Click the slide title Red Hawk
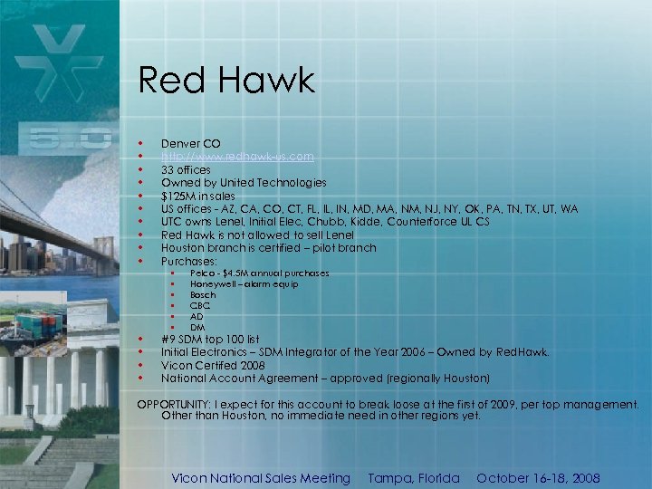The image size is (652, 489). tap(225, 81)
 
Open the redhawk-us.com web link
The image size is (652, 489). tap(237, 157)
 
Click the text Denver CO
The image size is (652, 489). tap(190, 144)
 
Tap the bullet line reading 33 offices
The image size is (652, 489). tap(186, 169)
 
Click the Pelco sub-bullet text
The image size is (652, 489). tap(259, 273)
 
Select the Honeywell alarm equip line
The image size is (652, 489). tap(244, 284)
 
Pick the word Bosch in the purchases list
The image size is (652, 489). tap(203, 295)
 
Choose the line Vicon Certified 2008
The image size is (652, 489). tap(213, 365)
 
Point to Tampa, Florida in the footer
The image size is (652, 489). tap(414, 478)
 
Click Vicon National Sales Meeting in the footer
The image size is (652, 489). tap(261, 478)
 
